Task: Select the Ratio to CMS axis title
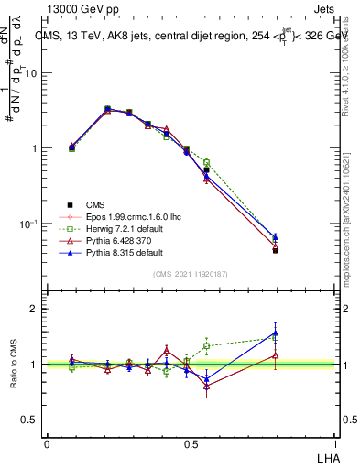14,364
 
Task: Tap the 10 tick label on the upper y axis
31,73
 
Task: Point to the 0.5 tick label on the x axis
191,444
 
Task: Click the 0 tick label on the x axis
47,444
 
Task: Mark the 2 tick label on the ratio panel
34,310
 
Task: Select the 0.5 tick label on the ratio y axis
29,420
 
